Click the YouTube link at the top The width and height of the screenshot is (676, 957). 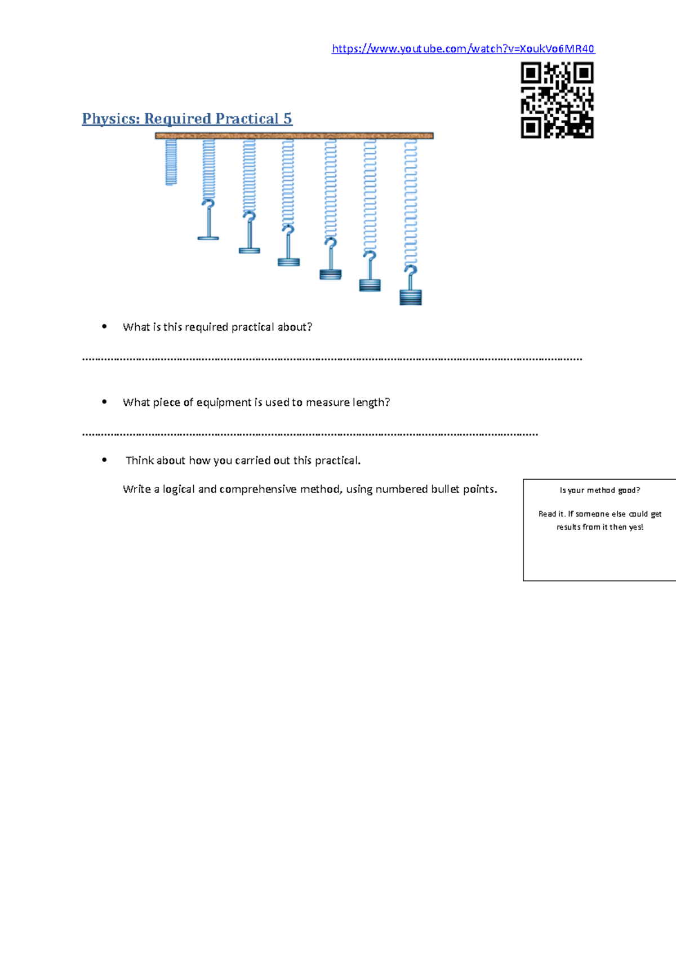point(463,49)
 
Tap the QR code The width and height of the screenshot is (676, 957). point(557,100)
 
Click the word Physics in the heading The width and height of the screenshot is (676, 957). point(110,119)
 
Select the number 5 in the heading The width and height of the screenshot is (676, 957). point(287,119)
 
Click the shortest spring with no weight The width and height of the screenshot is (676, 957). point(171,162)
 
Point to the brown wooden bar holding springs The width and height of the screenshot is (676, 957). point(294,136)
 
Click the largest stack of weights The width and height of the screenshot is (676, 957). point(411,296)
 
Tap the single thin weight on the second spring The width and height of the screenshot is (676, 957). point(208,238)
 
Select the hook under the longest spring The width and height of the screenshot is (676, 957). point(411,273)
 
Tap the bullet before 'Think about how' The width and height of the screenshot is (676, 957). point(104,460)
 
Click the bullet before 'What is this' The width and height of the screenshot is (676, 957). point(104,326)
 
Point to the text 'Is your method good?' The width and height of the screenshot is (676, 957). point(599,490)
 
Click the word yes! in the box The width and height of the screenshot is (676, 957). point(636,527)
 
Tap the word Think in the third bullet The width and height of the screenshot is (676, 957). point(140,460)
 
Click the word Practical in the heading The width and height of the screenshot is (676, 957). point(247,119)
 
